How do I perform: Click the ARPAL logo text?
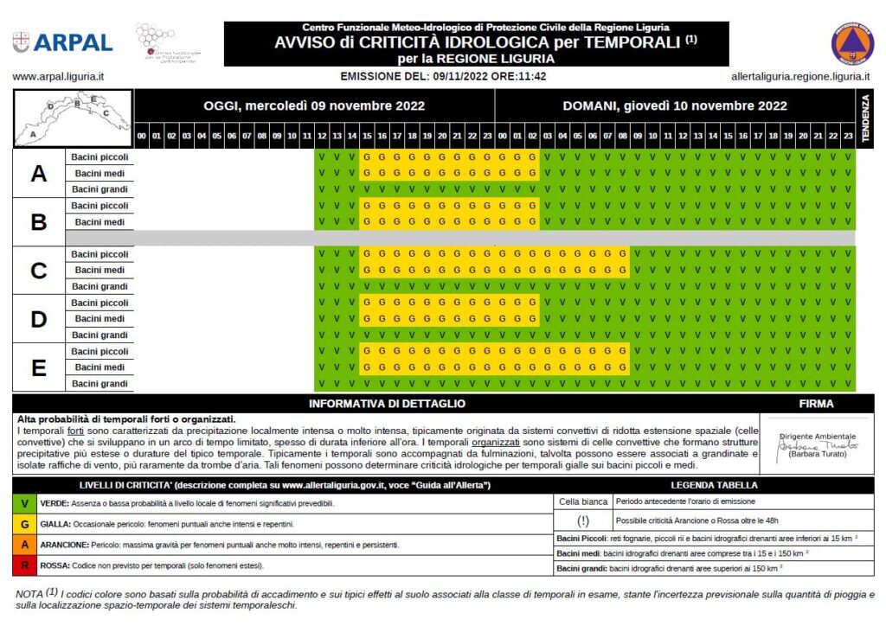click(73, 42)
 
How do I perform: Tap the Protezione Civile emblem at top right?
click(852, 43)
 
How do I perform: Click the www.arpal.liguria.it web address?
click(58, 76)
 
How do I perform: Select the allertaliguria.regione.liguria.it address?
click(800, 76)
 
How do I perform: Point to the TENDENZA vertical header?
click(864, 119)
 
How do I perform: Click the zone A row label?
click(39, 174)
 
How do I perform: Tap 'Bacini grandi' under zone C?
click(100, 287)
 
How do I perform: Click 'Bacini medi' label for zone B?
click(100, 222)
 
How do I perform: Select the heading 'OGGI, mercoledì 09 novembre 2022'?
click(314, 106)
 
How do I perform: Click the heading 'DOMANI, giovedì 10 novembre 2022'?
click(675, 106)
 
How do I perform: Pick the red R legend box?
click(24, 566)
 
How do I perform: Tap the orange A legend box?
click(24, 546)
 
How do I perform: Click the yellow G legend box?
click(24, 524)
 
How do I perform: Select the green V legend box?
click(24, 503)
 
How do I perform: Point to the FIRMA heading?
click(817, 404)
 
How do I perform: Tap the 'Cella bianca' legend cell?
click(583, 501)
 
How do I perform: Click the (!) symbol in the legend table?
click(583, 521)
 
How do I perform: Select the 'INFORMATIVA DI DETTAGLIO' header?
click(387, 404)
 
